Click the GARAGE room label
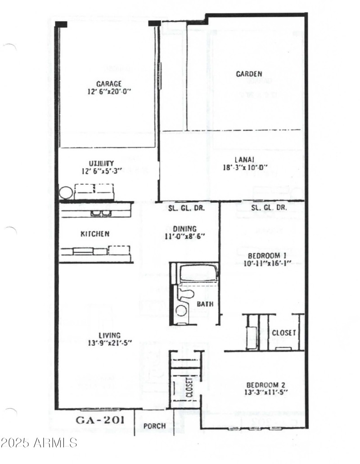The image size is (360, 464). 109,84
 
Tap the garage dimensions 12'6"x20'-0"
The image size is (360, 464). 109,91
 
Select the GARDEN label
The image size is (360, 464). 249,74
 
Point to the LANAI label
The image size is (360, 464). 245,160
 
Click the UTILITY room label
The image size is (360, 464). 101,163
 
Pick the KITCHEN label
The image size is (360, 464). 94,234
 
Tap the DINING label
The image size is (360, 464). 184,229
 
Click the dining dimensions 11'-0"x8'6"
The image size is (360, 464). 184,236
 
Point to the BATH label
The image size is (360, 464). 205,304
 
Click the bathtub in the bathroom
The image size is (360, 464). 198,273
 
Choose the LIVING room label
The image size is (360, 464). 109,335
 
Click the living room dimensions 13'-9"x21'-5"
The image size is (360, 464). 109,344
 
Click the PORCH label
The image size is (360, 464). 154,426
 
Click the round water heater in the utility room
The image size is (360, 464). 66,193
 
